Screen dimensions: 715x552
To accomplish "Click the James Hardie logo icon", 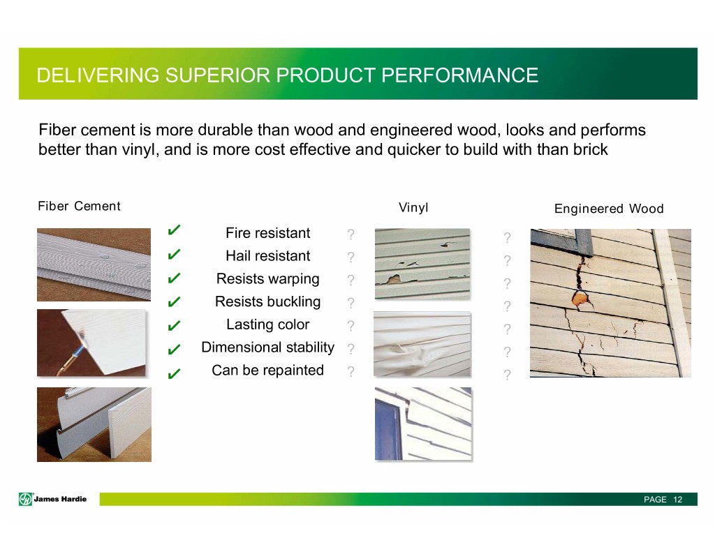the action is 26,499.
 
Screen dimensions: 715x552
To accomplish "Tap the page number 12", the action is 677,500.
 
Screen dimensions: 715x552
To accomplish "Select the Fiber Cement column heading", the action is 79,206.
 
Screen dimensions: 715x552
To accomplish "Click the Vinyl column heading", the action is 413,208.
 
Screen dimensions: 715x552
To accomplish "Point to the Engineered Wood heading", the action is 609,209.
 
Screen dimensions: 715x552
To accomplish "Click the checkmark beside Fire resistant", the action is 174,230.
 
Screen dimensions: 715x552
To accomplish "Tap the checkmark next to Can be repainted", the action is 174,374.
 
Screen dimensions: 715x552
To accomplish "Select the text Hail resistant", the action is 267,255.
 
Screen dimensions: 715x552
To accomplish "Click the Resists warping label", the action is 267,279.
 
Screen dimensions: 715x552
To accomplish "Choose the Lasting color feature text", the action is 267,325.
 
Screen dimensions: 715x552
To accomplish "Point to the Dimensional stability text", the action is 267,348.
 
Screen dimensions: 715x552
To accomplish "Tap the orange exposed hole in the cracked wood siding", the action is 579,299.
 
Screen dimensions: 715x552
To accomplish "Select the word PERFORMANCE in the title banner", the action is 459,75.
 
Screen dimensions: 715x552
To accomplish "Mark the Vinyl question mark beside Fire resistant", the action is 351,234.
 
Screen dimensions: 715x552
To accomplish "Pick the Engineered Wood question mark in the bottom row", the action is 507,375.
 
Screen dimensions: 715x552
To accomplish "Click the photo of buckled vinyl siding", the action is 422,344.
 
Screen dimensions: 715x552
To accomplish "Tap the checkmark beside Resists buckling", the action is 174,301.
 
